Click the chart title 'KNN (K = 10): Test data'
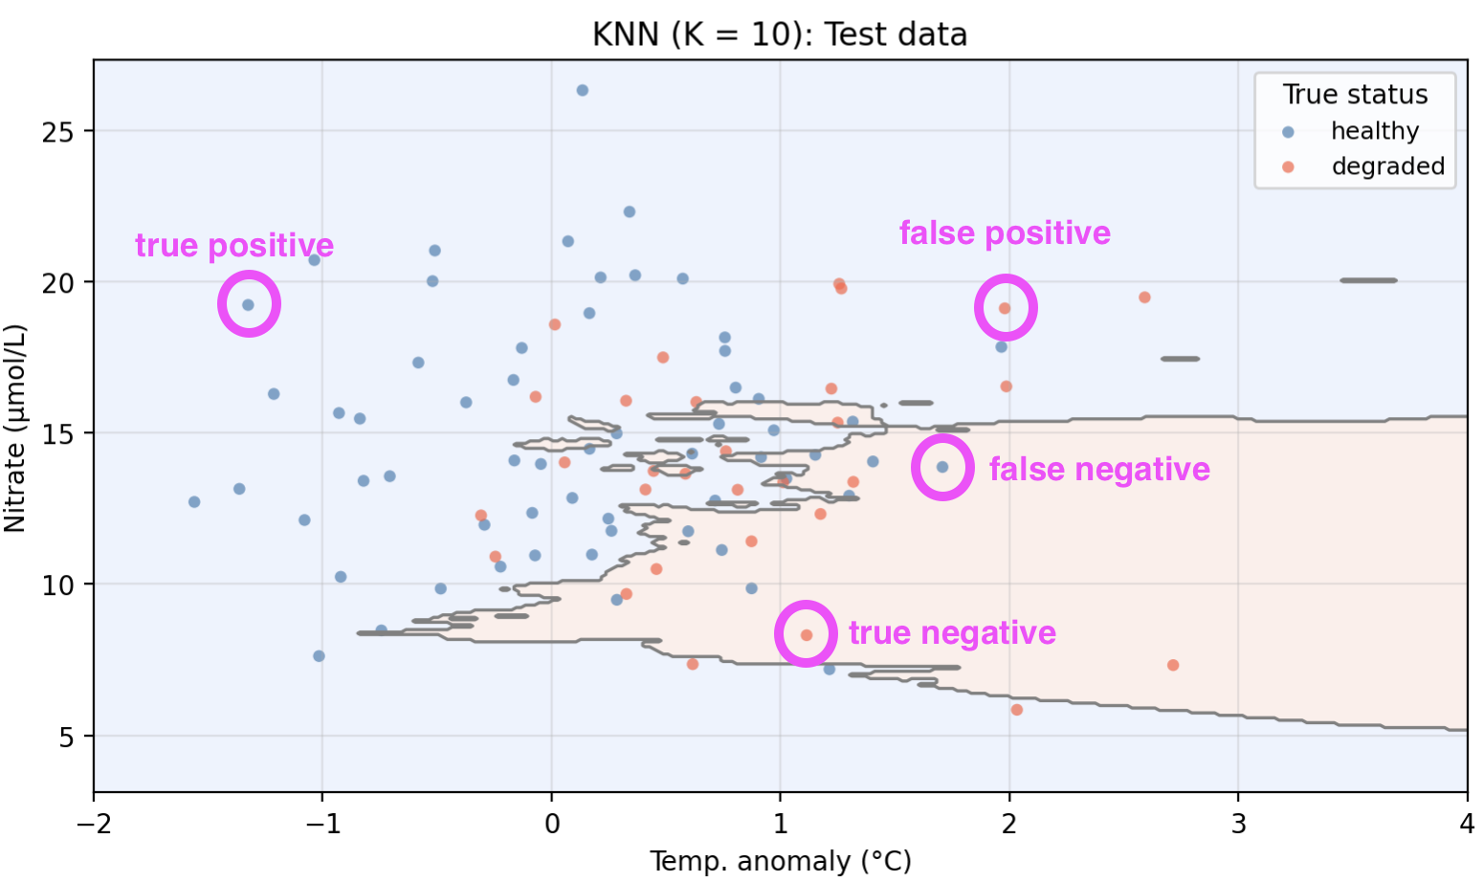click(780, 34)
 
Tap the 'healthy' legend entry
click(1374, 131)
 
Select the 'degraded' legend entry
click(1387, 166)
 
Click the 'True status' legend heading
click(1355, 95)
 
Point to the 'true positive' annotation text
click(234, 246)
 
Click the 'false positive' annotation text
click(1005, 233)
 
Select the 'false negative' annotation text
click(1099, 470)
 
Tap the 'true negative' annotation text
click(952, 633)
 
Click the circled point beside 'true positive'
click(249, 305)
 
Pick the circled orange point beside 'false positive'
click(1005, 308)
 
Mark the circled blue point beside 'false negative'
click(942, 467)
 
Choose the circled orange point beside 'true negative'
click(807, 635)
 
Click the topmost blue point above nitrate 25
click(582, 91)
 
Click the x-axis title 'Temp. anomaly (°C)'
click(780, 861)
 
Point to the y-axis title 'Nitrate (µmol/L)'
click(15, 428)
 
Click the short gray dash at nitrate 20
click(1368, 280)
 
